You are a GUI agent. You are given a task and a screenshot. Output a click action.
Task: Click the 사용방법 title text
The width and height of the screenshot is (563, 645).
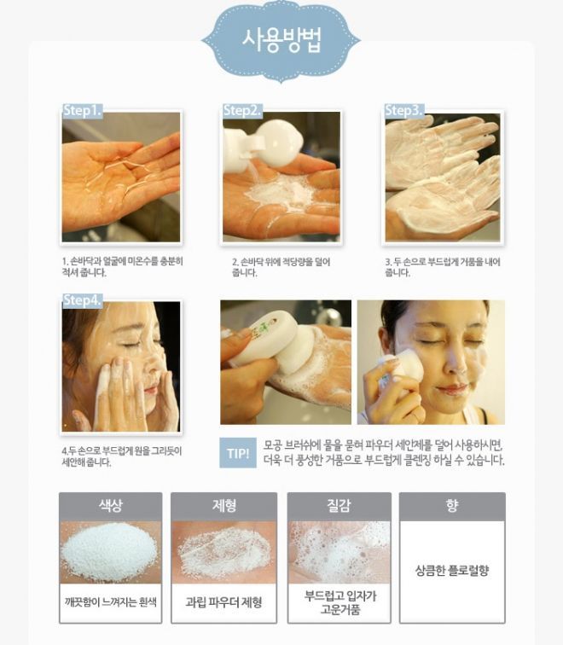[281, 40]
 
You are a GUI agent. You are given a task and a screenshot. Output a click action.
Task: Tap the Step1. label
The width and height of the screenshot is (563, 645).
[82, 110]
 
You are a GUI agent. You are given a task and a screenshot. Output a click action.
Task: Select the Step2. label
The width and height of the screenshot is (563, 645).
[242, 110]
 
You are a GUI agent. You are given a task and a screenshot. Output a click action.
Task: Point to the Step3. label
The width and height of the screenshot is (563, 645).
[403, 110]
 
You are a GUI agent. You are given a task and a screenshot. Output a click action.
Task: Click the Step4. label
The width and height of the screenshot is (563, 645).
[82, 300]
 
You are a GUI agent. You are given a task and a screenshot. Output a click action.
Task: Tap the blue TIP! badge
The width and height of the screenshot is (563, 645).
[238, 453]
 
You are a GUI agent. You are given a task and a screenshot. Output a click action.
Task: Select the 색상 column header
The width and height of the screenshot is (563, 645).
[111, 506]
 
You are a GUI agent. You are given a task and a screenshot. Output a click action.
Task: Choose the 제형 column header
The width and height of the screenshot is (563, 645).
[224, 506]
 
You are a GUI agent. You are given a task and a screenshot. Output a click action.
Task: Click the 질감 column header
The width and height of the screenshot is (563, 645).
[339, 506]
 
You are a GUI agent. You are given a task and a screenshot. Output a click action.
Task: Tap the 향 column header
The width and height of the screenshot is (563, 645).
[452, 506]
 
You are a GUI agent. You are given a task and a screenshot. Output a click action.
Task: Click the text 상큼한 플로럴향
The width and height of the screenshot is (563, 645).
[452, 570]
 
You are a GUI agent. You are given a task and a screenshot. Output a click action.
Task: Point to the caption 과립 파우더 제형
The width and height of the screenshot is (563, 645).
[223, 602]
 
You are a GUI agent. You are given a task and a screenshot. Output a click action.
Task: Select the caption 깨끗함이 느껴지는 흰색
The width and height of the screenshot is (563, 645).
[111, 602]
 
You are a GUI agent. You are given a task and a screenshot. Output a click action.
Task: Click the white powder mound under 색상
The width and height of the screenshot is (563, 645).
[109, 550]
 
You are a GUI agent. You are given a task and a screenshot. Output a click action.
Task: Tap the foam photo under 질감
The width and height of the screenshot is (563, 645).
[339, 552]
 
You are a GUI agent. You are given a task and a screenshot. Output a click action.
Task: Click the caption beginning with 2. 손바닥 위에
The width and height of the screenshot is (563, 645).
[281, 267]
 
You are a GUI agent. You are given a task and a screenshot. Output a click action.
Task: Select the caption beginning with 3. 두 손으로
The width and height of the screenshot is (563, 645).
[443, 267]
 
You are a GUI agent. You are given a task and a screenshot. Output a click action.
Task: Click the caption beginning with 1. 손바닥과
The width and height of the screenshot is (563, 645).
[123, 267]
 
